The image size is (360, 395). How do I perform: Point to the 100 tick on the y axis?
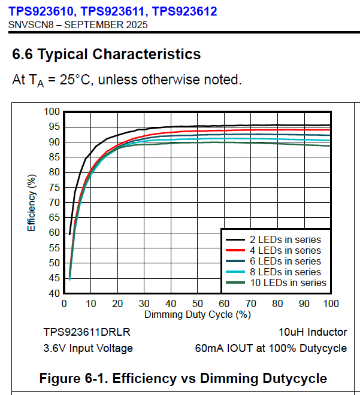pyautogui.click(x=53, y=112)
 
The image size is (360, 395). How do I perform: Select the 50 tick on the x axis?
pyautogui.click(x=197, y=303)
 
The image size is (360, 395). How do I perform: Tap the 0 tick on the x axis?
pyautogui.click(x=64, y=303)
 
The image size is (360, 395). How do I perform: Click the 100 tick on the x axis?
pyautogui.click(x=330, y=303)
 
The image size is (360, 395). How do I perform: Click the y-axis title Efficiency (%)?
pyautogui.click(x=32, y=202)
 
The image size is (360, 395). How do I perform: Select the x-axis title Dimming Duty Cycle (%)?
pyautogui.click(x=197, y=314)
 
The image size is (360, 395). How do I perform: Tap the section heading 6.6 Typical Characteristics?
pyautogui.click(x=107, y=54)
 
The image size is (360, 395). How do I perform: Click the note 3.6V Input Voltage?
pyautogui.click(x=88, y=348)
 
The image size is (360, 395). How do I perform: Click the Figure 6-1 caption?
pyautogui.click(x=183, y=378)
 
